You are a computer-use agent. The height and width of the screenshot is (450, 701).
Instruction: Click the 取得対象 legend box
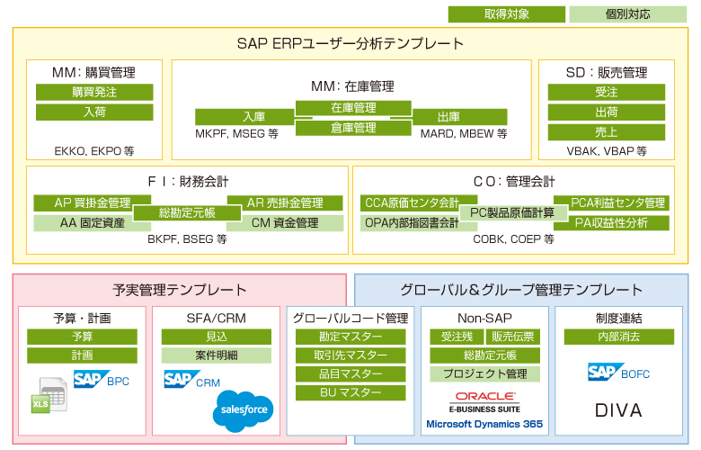click(507, 14)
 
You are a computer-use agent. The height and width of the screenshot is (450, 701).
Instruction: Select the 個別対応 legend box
click(627, 14)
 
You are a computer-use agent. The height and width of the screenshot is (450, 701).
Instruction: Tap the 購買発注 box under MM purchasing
click(94, 92)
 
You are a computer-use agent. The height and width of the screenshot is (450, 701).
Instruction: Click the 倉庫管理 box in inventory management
click(353, 128)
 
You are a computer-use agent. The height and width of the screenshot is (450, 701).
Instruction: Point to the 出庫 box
click(448, 117)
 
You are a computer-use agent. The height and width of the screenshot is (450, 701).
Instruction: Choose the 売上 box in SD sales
click(606, 131)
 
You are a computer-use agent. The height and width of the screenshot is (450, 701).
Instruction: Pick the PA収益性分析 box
click(610, 222)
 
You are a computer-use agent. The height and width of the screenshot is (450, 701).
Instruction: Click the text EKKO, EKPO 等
click(94, 152)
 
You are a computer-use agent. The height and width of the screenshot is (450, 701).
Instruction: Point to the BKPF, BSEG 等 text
click(187, 240)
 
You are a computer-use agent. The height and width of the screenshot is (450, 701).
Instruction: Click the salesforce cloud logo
click(242, 409)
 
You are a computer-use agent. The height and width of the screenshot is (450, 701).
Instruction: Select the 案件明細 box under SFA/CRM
click(216, 355)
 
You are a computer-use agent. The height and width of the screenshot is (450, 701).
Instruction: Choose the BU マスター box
click(350, 392)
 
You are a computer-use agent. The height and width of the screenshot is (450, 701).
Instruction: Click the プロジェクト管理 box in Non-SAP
click(484, 373)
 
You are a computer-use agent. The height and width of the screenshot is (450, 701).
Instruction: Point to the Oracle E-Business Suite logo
click(484, 401)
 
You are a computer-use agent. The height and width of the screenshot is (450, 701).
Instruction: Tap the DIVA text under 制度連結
click(619, 410)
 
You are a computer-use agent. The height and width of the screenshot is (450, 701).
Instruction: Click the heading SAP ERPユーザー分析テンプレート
click(350, 43)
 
